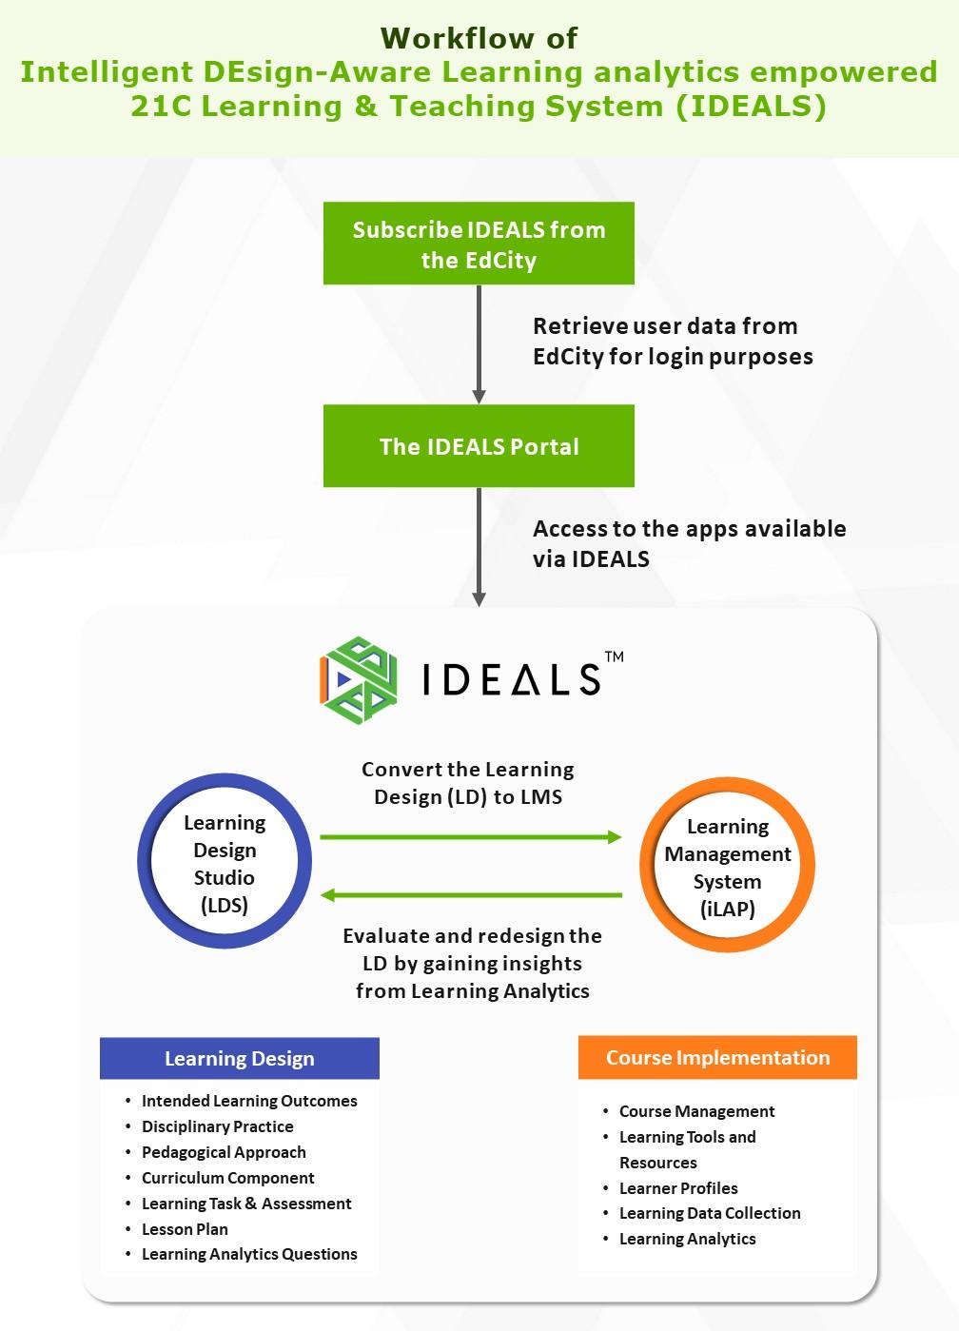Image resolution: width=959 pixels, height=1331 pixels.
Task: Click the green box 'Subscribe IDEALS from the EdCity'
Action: (479, 244)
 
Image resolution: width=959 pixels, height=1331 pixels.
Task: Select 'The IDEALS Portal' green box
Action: (479, 446)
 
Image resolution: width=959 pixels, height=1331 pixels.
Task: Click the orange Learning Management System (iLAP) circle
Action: (727, 867)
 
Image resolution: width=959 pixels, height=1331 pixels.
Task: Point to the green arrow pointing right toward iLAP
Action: (471, 837)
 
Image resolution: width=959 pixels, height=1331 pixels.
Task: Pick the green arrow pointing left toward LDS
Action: (471, 895)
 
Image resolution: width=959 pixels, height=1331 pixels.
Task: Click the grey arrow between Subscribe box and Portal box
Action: (479, 343)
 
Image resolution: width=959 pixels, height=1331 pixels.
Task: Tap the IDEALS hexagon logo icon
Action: (359, 679)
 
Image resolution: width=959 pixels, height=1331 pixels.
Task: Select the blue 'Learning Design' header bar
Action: (240, 1059)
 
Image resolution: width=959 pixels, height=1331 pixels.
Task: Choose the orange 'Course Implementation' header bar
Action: (717, 1058)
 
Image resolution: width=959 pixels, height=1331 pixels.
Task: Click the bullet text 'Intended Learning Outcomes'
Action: (249, 1101)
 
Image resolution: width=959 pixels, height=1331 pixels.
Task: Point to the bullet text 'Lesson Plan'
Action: (185, 1229)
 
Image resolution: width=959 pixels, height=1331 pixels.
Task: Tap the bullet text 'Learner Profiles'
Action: (678, 1188)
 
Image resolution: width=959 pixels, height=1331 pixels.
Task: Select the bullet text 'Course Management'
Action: (696, 1111)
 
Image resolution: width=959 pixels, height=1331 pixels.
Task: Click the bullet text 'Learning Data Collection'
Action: (710, 1213)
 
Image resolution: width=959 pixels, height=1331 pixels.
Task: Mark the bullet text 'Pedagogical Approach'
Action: (224, 1152)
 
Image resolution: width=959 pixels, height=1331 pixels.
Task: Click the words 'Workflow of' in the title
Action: (479, 38)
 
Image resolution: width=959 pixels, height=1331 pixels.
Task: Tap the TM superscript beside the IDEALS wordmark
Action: (614, 656)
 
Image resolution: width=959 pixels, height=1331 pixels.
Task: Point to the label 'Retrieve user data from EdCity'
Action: (672, 342)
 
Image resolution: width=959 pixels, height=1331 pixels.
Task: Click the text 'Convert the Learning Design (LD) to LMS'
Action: (468, 783)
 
